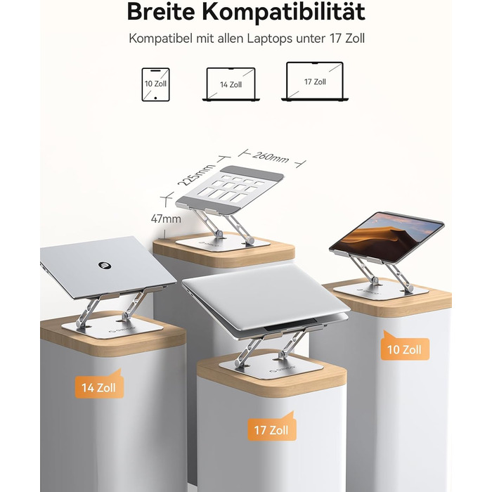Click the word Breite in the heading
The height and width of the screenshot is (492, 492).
tap(161, 12)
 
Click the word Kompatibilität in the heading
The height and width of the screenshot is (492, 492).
tap(283, 12)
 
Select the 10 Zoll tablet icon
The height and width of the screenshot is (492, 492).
tap(155, 85)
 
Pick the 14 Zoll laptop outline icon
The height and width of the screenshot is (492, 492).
tap(231, 84)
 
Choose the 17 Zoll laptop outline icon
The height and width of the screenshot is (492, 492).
tap(315, 82)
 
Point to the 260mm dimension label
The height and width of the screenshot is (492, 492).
tap(271, 157)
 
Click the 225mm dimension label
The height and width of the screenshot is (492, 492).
tap(195, 175)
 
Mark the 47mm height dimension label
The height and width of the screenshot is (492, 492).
tap(166, 219)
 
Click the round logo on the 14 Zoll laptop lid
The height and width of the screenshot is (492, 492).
tap(105, 266)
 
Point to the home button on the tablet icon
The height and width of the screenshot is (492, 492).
tap(155, 98)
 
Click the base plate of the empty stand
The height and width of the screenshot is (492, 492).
tap(224, 242)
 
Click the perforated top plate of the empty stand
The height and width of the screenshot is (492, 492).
tap(230, 188)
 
